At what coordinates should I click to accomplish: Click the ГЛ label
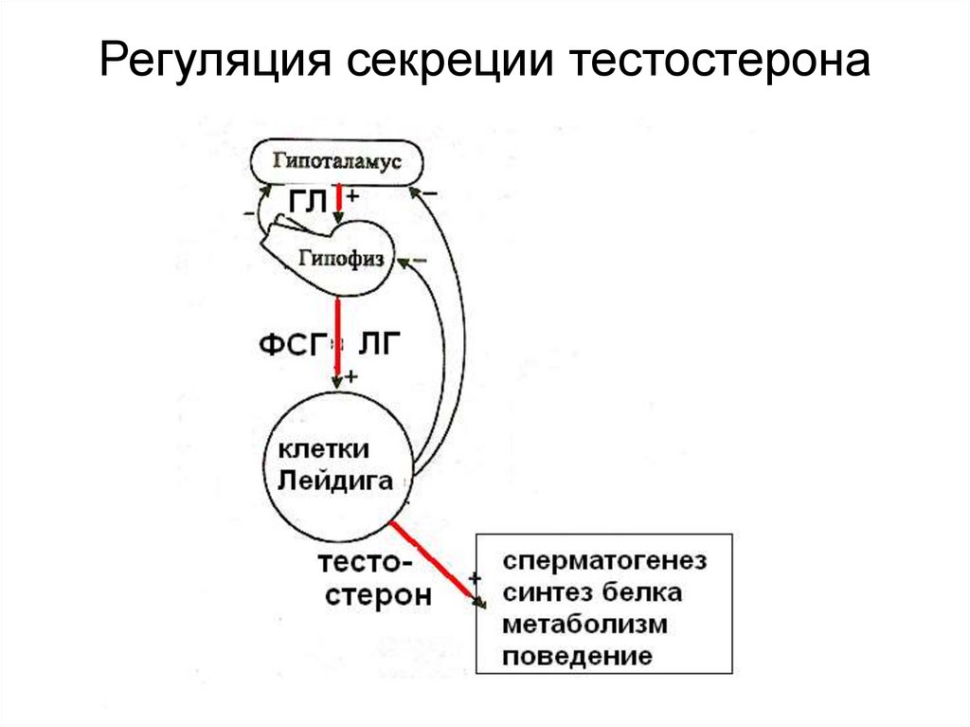tap(307, 201)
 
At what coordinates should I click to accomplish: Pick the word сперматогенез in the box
tap(604, 561)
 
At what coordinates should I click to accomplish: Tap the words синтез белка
tap(592, 593)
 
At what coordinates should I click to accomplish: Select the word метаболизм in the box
tap(584, 625)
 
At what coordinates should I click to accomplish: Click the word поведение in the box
tap(578, 656)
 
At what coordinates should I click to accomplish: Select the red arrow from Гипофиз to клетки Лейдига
tap(337, 336)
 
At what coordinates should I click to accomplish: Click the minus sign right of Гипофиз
tap(422, 259)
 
